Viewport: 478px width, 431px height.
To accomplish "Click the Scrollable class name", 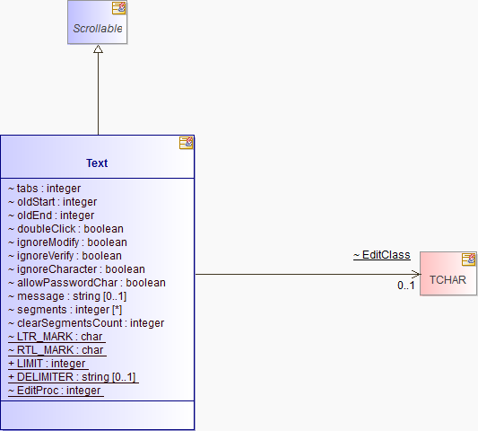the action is [98, 29].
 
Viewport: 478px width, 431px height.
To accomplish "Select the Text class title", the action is [97, 163].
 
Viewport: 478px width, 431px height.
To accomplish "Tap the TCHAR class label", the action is [448, 280].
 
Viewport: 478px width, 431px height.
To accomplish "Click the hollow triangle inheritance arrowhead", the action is [98, 48].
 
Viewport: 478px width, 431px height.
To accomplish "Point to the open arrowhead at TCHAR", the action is [416, 274].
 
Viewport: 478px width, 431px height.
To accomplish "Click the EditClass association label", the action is [382, 255].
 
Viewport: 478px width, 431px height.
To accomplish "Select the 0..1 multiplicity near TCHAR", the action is [406, 286].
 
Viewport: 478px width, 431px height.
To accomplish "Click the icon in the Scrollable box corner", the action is [118, 8].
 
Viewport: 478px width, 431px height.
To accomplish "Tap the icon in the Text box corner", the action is [186, 143].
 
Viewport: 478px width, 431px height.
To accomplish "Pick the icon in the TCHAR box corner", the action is [468, 259].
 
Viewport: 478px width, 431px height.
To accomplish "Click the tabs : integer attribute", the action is [45, 189].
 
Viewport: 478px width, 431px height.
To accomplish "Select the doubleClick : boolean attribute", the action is [65, 229].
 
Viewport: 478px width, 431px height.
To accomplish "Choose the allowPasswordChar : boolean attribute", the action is [87, 283].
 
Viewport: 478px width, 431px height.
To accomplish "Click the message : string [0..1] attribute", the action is [67, 296].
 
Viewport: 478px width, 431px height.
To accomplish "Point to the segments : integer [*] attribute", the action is [65, 310].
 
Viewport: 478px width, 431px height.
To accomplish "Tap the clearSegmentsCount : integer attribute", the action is [86, 323].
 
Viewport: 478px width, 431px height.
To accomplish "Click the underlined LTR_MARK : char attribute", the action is [56, 337].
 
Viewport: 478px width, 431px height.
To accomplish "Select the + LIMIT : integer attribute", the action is [48, 364].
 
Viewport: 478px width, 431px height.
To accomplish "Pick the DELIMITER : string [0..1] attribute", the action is [74, 377].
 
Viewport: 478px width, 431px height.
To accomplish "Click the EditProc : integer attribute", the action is [56, 391].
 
